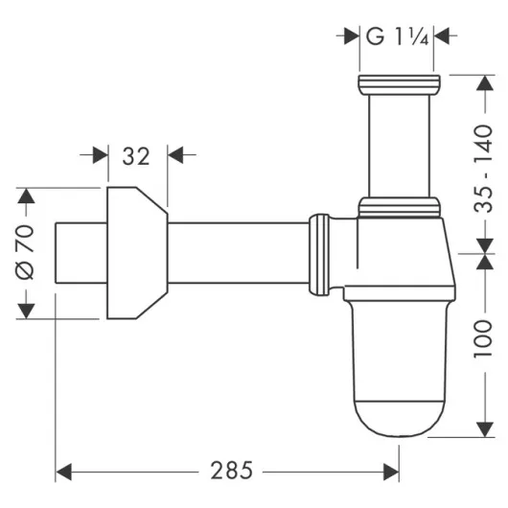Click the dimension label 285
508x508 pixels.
230,471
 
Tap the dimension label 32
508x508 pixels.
135,154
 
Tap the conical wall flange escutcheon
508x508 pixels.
134,252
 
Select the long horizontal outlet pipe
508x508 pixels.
240,252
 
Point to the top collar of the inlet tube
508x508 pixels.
399,83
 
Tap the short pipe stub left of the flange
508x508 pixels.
79,252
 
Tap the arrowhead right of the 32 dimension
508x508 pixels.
177,154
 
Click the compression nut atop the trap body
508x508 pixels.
399,206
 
